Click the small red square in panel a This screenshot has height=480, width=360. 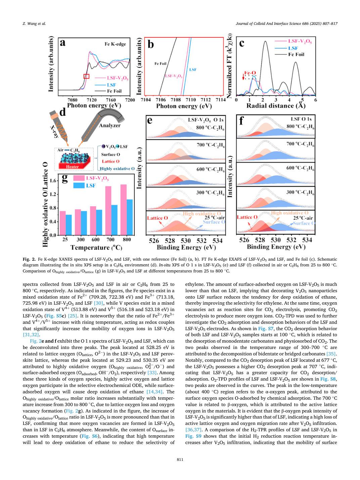click(x=86, y=76)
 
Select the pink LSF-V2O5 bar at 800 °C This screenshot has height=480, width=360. click(x=124, y=210)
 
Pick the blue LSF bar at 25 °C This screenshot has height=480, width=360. click(x=69, y=225)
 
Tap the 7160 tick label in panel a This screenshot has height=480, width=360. click(x=110, y=100)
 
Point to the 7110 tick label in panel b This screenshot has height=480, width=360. click(x=191, y=100)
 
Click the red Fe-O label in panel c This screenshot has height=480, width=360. click(x=250, y=73)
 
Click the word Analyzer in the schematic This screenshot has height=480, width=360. click(x=110, y=126)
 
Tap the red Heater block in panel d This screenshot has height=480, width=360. click(x=72, y=167)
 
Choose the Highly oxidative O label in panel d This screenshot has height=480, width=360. click(x=117, y=169)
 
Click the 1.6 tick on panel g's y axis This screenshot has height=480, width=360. click(x=53, y=181)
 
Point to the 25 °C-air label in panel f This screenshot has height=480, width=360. click(x=303, y=218)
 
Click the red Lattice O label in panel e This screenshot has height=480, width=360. click(x=157, y=218)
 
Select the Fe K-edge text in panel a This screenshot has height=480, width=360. click(x=115, y=44)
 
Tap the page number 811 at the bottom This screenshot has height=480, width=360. click(x=180, y=460)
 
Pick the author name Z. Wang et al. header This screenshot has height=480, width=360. click(x=34, y=24)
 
